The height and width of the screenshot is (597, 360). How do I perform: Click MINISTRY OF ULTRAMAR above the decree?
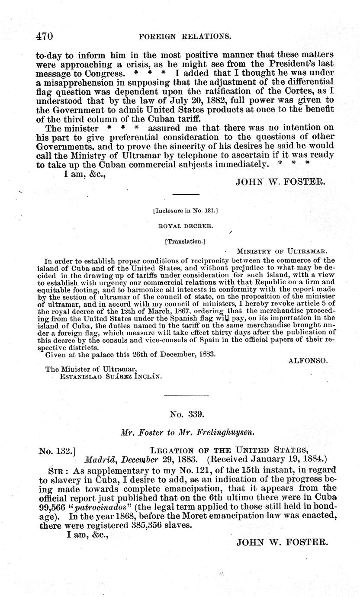(x=282, y=251)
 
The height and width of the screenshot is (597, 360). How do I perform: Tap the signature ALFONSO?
(x=309, y=360)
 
